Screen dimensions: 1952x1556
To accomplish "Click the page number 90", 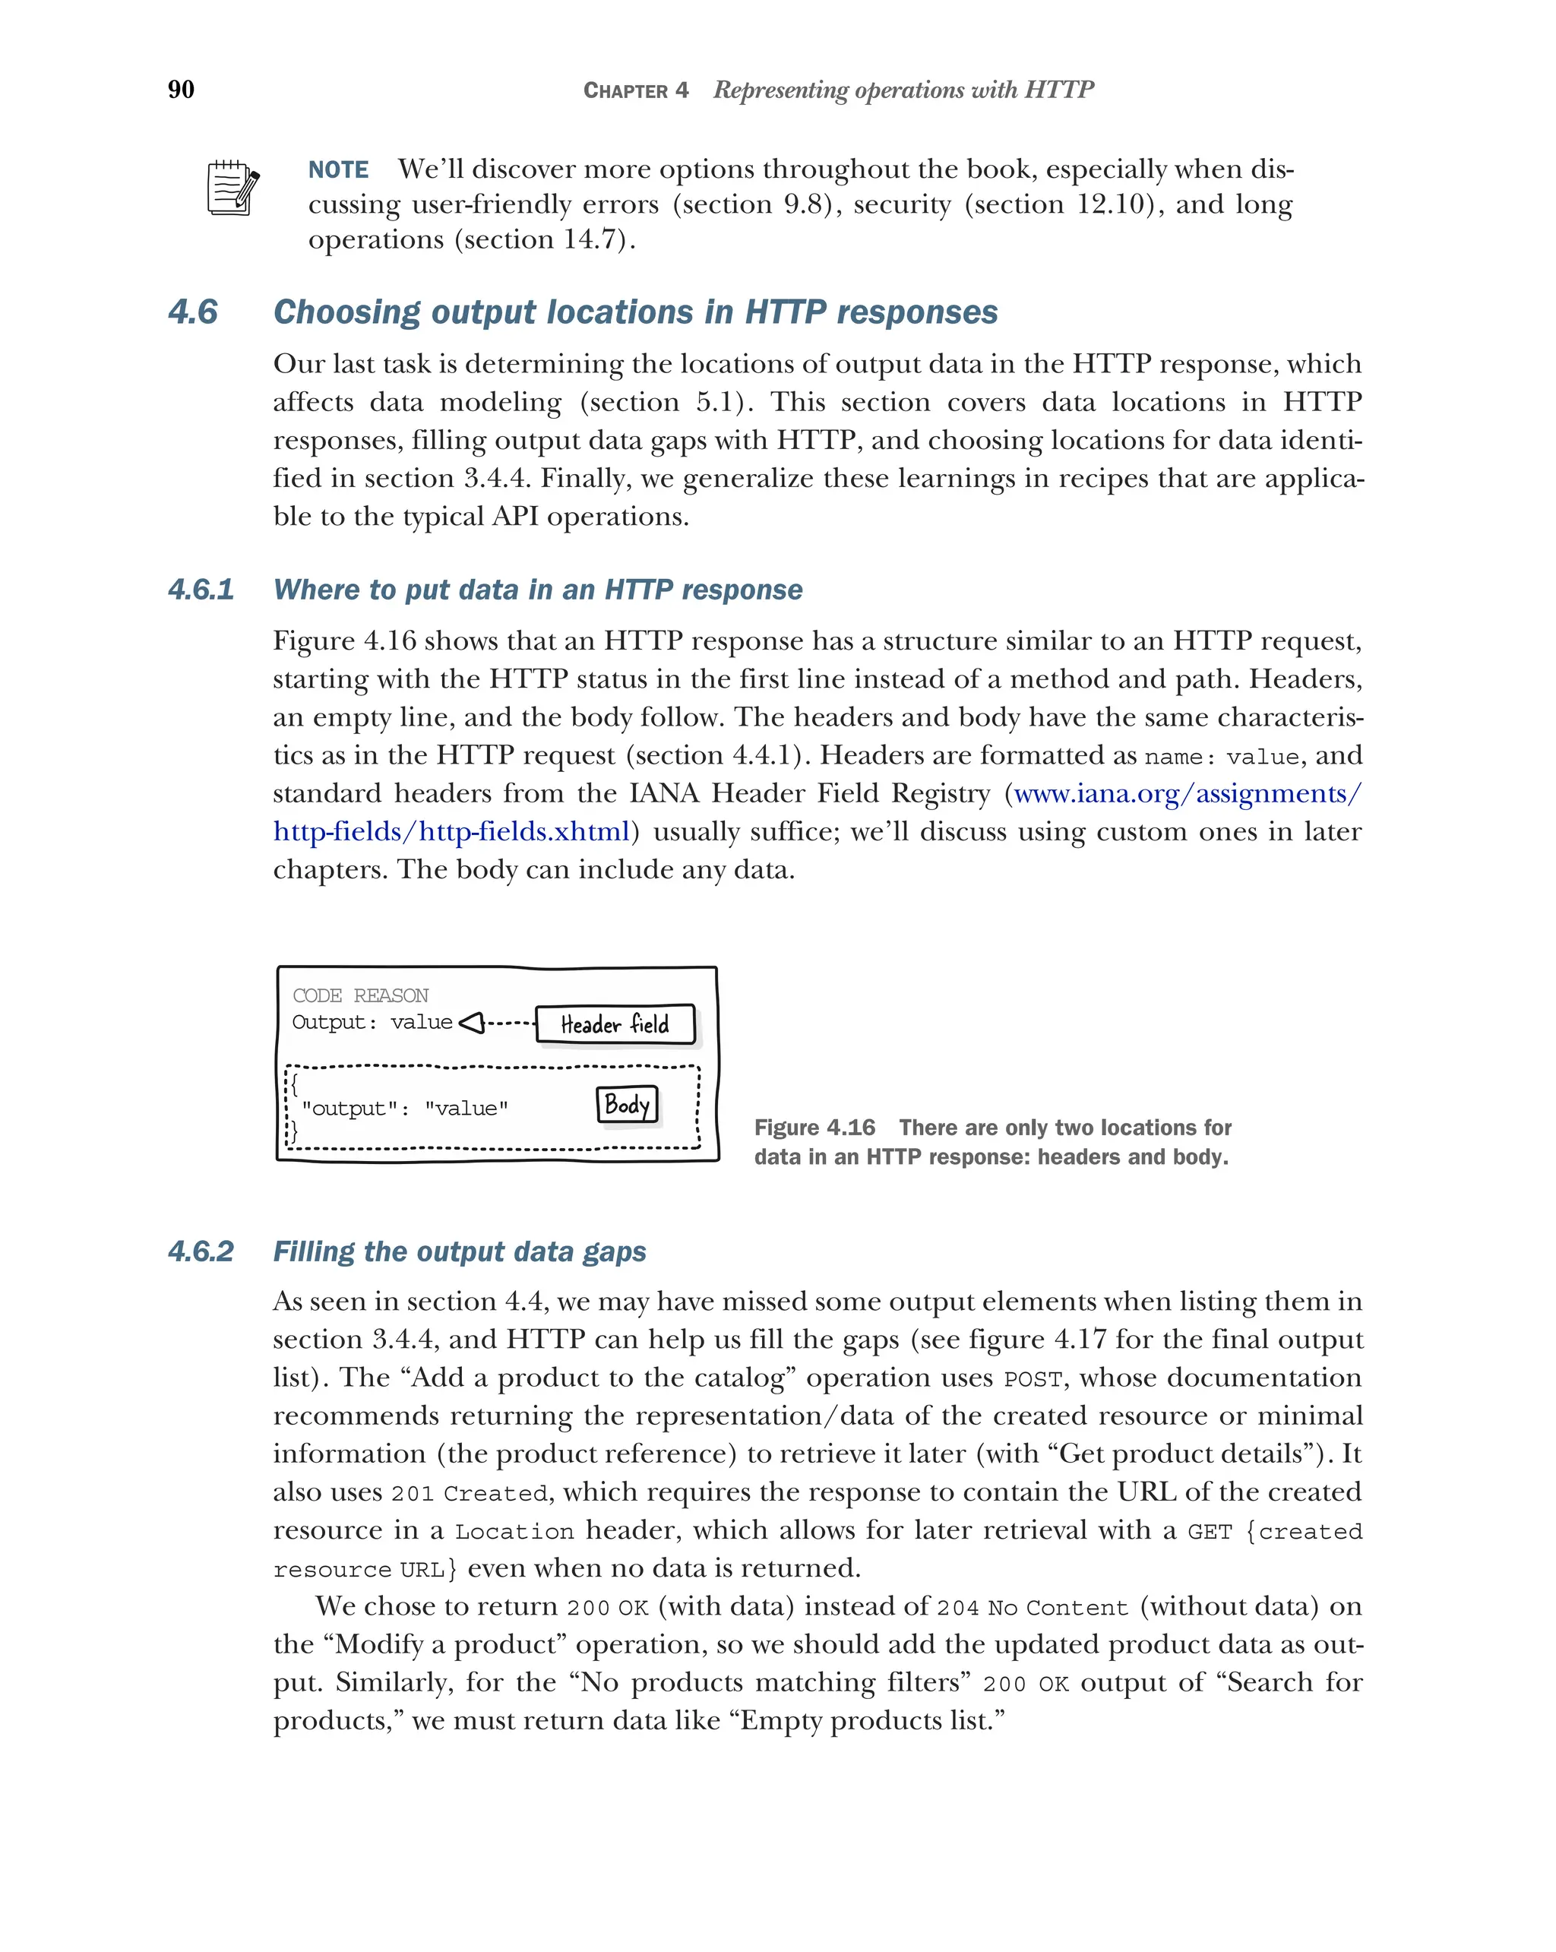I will pyautogui.click(x=181, y=89).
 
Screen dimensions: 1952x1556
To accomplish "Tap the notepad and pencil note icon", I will pyautogui.click(x=232, y=188).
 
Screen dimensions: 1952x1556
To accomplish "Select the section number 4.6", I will pyautogui.click(x=193, y=312).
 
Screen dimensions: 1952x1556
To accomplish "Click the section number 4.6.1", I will pyautogui.click(x=201, y=590).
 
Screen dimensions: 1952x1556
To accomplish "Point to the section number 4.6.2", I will pyautogui.click(x=201, y=1251).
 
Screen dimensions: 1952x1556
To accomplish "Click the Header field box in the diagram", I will pyautogui.click(x=615, y=1024).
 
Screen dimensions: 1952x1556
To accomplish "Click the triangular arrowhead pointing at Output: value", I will pyautogui.click(x=472, y=1023).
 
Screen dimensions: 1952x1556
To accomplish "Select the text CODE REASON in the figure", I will pyautogui.click(x=360, y=995).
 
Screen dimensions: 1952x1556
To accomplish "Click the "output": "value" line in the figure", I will pyautogui.click(x=405, y=1108).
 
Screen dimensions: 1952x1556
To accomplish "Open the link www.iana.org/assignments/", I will pyautogui.click(x=1187, y=793).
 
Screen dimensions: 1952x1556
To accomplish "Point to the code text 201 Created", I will pyautogui.click(x=469, y=1493).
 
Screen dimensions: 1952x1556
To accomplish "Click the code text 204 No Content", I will pyautogui.click(x=1032, y=1608).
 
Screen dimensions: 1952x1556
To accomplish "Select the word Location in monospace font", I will pyautogui.click(x=514, y=1531).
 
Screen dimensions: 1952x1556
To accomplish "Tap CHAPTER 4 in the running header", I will pyautogui.click(x=635, y=90).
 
